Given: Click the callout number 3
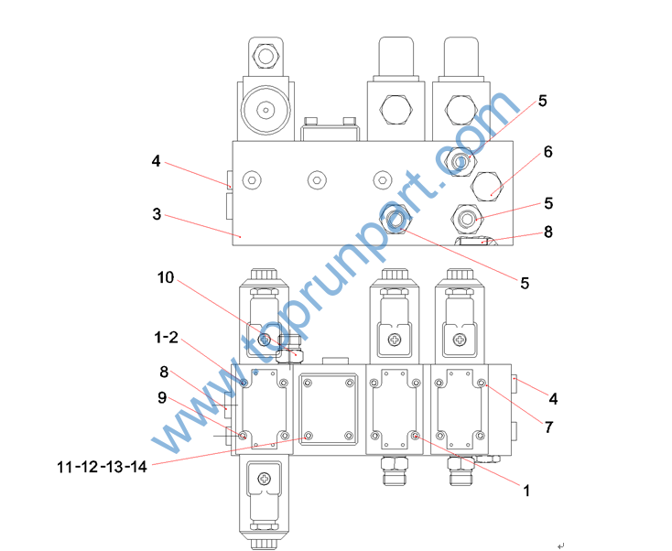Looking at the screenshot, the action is tap(157, 214).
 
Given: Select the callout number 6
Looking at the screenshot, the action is tap(547, 152).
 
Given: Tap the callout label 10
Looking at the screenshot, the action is tap(166, 277).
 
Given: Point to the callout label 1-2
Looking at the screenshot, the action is tap(166, 337).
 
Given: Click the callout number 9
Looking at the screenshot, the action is tap(162, 397).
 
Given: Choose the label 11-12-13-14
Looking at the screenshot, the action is tap(102, 467).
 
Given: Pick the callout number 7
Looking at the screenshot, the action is tap(548, 427).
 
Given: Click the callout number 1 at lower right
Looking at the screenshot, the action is tap(526, 491).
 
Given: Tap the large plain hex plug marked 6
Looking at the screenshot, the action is tap(487, 186).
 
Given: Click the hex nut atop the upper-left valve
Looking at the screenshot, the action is tap(266, 56).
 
